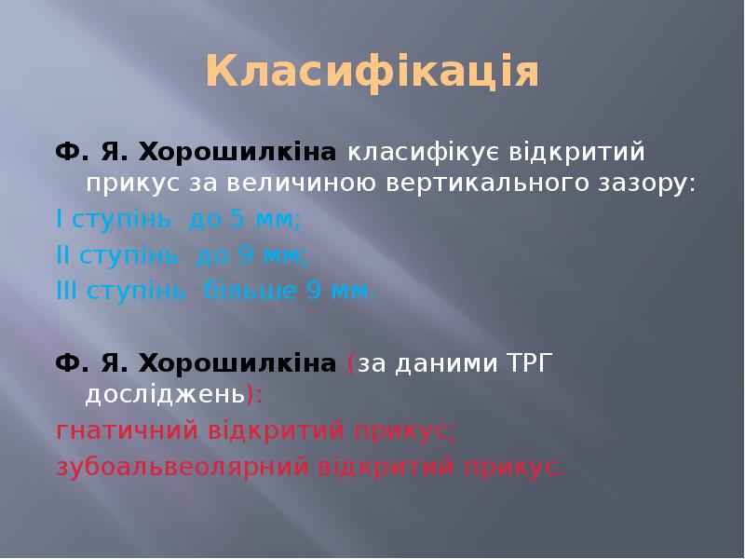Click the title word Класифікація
coord(372,72)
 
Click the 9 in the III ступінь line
coord(315,292)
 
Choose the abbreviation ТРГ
coord(528,362)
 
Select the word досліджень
coord(165,394)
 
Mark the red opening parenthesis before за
coord(350,363)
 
